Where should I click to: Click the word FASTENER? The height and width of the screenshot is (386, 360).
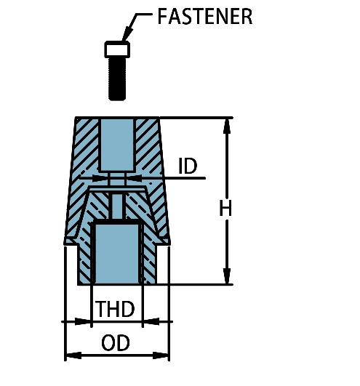point(205,16)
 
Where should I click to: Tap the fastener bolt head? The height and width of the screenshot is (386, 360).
point(117,49)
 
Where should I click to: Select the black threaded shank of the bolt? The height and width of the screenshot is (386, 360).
point(117,79)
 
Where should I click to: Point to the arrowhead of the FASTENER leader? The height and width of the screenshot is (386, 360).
point(127,34)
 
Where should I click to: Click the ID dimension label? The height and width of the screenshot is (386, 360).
point(188,166)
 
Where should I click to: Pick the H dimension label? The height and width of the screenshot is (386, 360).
point(225,208)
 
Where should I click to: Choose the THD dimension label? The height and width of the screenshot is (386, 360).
point(115,309)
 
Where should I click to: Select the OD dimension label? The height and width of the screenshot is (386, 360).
point(116,342)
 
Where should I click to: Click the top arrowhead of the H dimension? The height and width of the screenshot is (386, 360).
point(227,126)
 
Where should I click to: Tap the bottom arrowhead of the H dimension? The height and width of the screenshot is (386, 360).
point(227,276)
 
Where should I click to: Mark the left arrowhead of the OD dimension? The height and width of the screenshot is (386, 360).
point(73,355)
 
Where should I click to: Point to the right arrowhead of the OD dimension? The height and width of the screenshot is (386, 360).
point(161,355)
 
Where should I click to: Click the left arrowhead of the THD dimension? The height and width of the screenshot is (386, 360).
point(83,321)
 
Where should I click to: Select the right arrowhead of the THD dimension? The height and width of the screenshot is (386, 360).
point(151,321)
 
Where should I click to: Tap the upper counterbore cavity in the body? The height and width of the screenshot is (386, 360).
point(117,145)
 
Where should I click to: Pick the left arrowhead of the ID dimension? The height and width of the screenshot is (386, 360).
point(100,178)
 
